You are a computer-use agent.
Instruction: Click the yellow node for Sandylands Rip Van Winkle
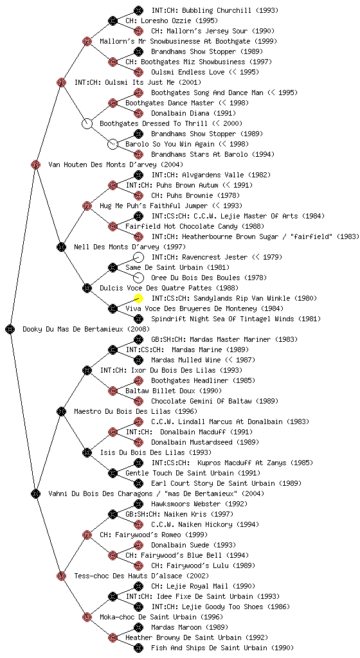pos(138,298)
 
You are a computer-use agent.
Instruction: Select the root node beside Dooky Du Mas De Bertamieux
pos(10,329)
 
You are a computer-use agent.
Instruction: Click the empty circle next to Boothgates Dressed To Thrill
pos(87,123)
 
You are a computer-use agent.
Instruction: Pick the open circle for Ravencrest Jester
pos(138,257)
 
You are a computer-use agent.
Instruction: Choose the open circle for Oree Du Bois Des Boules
pos(138,278)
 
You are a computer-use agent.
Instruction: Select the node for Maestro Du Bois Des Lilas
pos(61,411)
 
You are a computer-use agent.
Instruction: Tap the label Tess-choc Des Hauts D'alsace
pos(128,576)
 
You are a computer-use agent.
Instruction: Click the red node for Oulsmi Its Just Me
pos(61,82)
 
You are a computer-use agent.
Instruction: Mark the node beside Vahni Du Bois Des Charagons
pos(35,493)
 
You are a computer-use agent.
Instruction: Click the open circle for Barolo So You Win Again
pos(113,144)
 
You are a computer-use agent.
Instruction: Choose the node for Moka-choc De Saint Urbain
pos(87,617)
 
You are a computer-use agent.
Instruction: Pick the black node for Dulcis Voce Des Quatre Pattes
pos(87,288)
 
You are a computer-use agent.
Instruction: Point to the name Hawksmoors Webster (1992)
pos(199,504)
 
